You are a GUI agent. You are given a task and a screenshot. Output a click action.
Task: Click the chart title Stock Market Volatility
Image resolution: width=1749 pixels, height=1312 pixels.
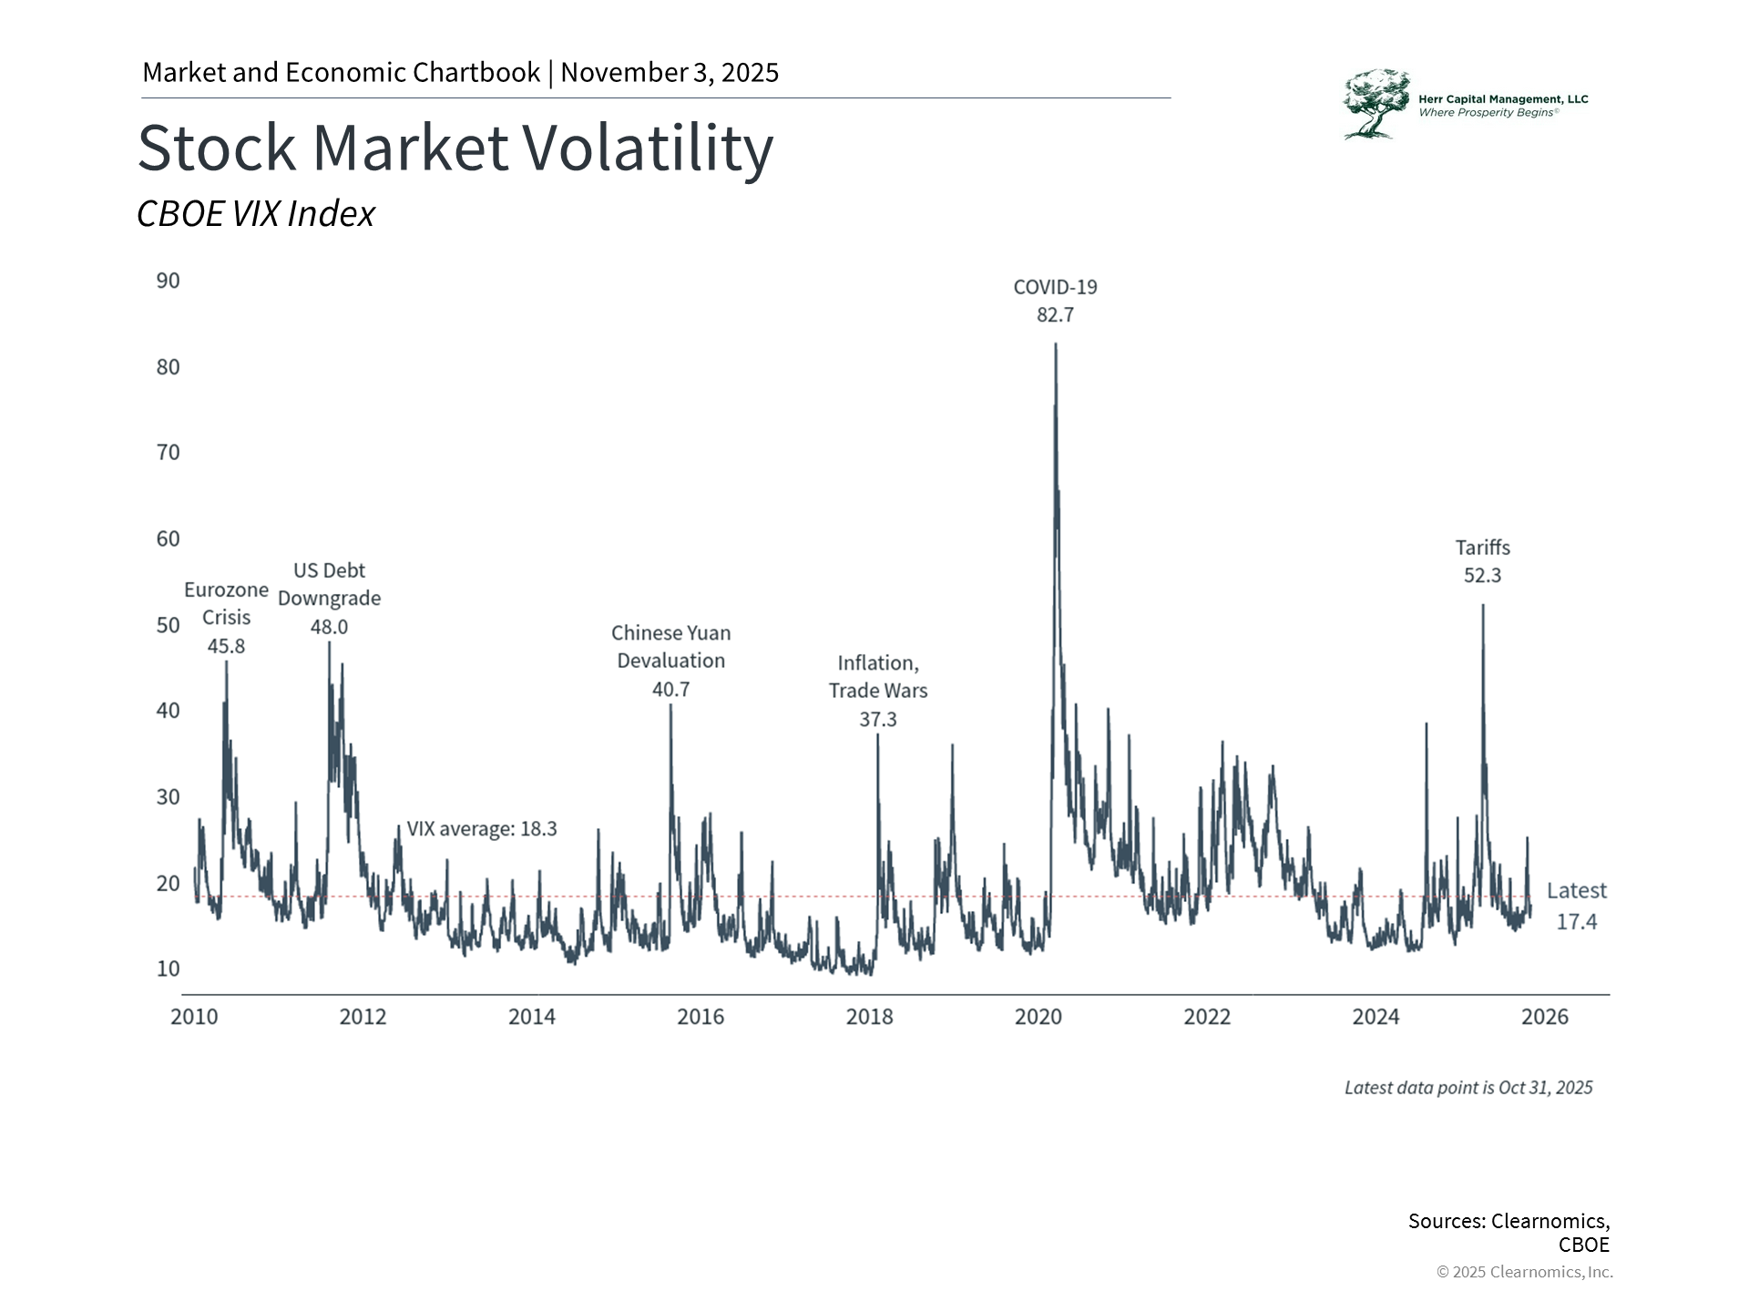[x=455, y=148]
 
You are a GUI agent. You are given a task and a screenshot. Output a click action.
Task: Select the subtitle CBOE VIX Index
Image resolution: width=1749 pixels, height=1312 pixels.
[x=256, y=213]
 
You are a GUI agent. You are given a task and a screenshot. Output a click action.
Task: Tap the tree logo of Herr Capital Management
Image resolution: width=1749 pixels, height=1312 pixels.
[x=1376, y=104]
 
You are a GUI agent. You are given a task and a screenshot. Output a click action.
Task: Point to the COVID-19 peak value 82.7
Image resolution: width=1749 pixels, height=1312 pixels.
[x=1055, y=315]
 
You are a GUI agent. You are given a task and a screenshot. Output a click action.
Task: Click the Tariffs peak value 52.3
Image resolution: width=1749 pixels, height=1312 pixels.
[x=1482, y=576]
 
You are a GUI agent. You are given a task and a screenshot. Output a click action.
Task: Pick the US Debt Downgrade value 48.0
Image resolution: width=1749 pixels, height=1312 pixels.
[x=329, y=627]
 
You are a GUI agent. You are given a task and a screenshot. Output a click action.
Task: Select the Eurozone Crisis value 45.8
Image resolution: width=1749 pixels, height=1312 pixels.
[x=226, y=646]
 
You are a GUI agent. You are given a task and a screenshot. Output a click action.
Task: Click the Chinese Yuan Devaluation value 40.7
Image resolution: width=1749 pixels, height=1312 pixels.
[x=670, y=690]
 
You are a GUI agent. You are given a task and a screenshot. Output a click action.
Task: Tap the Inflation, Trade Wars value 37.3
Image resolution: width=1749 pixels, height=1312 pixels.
[x=878, y=720]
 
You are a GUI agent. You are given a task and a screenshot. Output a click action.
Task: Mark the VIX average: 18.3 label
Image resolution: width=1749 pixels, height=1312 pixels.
[x=481, y=829]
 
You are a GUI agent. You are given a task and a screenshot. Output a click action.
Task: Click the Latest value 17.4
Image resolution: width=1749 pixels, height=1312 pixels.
[x=1576, y=922]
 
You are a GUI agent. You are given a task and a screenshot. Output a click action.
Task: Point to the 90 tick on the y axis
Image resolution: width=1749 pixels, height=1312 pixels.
[x=169, y=281]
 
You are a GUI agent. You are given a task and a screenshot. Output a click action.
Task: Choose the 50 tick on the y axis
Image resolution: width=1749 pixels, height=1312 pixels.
[x=169, y=625]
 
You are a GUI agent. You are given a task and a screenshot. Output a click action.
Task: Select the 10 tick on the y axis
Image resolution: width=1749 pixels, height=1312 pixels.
[x=169, y=969]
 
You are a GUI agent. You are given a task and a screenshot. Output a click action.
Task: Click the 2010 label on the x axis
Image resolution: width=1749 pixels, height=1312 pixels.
[x=194, y=1017]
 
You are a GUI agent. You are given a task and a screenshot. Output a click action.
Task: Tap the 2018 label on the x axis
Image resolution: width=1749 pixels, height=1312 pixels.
[x=869, y=1017]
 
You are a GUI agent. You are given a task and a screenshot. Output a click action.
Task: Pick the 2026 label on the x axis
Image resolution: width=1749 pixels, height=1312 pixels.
[x=1545, y=1017]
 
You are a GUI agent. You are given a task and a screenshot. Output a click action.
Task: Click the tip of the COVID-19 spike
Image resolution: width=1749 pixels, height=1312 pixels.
[x=1056, y=344]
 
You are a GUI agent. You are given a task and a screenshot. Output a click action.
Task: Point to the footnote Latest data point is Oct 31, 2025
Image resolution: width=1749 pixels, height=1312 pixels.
[x=1468, y=1088]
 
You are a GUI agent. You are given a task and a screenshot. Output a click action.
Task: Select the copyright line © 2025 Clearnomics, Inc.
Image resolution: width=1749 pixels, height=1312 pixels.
[x=1524, y=1272]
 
